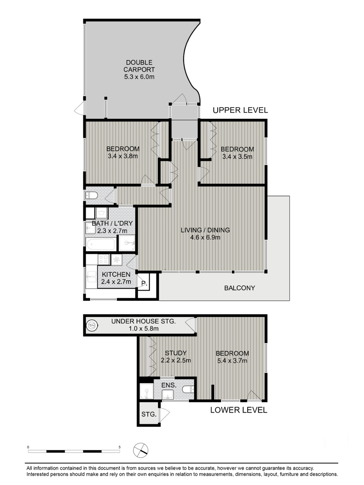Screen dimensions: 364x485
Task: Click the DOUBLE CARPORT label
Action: point(139,66)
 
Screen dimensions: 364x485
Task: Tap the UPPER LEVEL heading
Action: point(240,110)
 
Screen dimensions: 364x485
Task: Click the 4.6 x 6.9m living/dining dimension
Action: point(205,238)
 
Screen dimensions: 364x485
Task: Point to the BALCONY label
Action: point(239,288)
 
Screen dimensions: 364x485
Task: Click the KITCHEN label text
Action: point(116,274)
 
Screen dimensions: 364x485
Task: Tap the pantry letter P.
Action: point(144,283)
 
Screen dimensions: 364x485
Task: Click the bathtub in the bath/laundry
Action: point(101,245)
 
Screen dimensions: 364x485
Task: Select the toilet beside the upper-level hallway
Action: point(91,195)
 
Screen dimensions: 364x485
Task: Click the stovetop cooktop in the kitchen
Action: point(104,259)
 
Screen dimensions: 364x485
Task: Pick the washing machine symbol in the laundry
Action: point(102,213)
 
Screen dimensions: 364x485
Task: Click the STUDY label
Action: point(176,353)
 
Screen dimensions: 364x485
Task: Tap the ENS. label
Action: point(169,385)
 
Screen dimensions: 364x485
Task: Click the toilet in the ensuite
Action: point(188,390)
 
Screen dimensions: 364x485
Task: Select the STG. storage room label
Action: point(149,414)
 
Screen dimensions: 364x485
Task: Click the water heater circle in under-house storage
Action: point(92,325)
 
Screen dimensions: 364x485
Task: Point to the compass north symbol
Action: point(141,450)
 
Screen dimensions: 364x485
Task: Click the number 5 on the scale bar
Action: point(120,447)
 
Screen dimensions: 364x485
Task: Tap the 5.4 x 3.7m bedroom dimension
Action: point(232,361)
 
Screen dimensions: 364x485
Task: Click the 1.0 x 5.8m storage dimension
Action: point(144,329)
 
